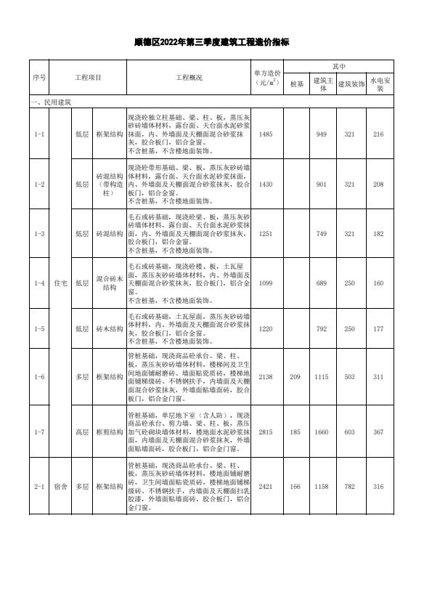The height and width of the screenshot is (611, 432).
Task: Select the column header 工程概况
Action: pyautogui.click(x=189, y=77)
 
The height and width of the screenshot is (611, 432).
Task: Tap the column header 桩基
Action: pyautogui.click(x=296, y=84)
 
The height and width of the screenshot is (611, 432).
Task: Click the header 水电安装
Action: pyautogui.click(x=378, y=84)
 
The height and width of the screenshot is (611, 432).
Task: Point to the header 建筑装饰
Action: pyautogui.click(x=351, y=84)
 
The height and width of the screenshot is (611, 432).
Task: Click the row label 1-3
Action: pyautogui.click(x=39, y=234)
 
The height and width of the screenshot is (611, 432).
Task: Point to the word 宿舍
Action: pyautogui.click(x=60, y=487)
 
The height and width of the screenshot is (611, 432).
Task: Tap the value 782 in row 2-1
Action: pyautogui.click(x=351, y=487)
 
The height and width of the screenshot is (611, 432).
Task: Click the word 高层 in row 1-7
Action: pyautogui.click(x=82, y=432)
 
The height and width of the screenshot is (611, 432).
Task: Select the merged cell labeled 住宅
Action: pyautogui.click(x=60, y=283)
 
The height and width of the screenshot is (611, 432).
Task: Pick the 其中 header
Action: pyautogui.click(x=338, y=65)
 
